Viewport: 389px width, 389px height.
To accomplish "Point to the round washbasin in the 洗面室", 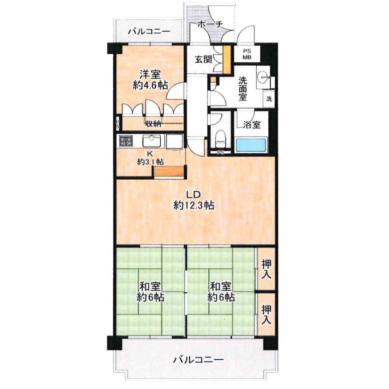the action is (x=263, y=77).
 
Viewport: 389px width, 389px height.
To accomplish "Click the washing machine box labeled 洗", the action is (x=269, y=99).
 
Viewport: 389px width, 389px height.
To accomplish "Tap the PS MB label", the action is (x=247, y=54).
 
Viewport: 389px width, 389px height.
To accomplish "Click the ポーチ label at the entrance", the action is (x=210, y=24).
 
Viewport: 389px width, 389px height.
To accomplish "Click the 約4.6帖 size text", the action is (x=150, y=85).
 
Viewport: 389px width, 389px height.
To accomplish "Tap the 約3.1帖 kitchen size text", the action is (x=150, y=162).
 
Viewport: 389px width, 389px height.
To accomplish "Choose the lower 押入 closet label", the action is (x=266, y=315).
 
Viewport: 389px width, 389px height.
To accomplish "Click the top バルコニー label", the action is (x=149, y=32).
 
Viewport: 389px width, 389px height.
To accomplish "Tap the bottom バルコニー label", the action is (x=198, y=359).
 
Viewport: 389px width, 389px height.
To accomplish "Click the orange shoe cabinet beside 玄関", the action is (x=226, y=60).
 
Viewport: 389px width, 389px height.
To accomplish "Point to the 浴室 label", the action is (x=252, y=125).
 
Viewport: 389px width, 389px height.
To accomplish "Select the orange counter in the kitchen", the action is (x=169, y=172).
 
